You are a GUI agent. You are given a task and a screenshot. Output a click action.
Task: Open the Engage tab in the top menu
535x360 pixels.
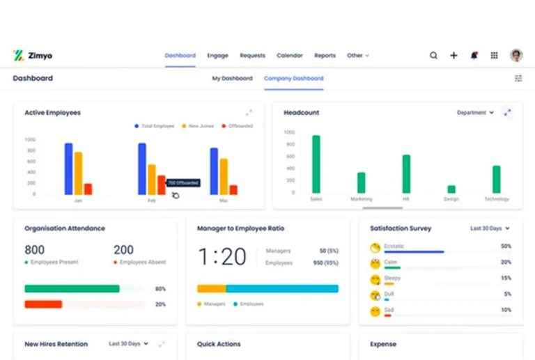click(217, 56)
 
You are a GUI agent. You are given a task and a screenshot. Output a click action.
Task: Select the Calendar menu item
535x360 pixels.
click(289, 56)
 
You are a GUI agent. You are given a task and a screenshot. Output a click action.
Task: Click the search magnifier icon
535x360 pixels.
click(433, 56)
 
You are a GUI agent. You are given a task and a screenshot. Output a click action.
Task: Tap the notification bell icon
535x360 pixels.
click(474, 56)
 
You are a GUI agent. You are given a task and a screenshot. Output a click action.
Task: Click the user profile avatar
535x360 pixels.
click(516, 56)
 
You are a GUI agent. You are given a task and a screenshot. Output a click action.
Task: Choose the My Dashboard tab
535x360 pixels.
click(232, 79)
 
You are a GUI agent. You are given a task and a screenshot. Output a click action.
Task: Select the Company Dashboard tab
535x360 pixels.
click(293, 79)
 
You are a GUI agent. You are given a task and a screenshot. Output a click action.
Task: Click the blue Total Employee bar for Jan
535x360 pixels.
click(68, 169)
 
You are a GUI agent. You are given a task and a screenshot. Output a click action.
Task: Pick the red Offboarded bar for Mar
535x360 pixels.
click(233, 189)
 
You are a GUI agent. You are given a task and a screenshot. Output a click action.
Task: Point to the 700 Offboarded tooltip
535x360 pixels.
click(183, 183)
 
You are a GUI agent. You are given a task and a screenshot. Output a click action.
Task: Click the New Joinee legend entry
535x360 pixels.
click(199, 126)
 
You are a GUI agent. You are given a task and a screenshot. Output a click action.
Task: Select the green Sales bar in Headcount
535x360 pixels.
click(316, 164)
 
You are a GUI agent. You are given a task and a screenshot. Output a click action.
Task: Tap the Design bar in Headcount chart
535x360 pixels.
click(451, 189)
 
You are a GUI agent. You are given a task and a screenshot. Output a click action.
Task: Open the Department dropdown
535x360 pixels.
click(475, 112)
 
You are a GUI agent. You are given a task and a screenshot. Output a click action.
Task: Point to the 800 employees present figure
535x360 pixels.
click(35, 250)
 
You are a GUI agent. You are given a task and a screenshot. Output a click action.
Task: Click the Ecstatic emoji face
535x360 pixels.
click(375, 247)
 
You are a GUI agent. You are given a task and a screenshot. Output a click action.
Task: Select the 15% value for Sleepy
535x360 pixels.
click(506, 279)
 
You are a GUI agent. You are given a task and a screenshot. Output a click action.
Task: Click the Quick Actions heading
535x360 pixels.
click(219, 344)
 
